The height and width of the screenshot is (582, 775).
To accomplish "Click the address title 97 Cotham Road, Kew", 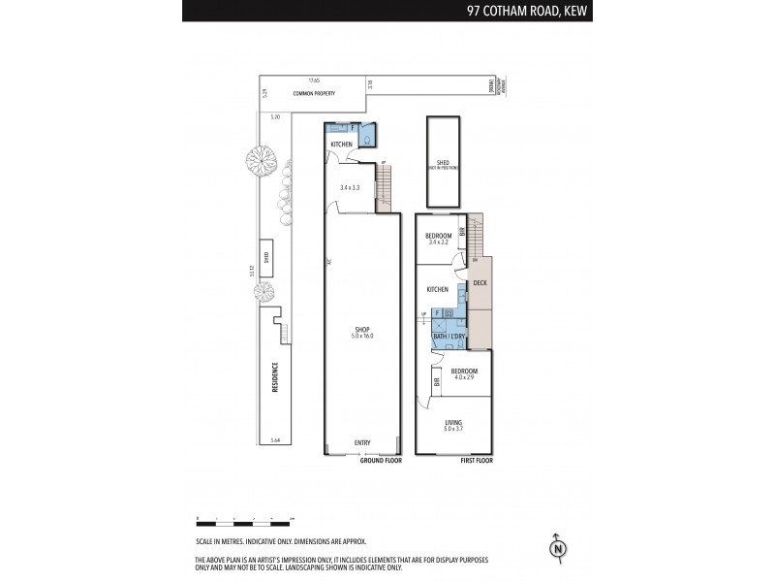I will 528,11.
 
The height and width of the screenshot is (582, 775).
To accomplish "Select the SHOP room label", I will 361,332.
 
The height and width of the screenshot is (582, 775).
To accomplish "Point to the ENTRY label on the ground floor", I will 361,443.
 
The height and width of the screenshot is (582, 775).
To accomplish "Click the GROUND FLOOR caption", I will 380,460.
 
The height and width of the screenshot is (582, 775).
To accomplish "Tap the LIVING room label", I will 453,421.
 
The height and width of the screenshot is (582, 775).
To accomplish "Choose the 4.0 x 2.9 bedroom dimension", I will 463,377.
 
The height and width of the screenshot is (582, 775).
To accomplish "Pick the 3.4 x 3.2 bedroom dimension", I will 439,242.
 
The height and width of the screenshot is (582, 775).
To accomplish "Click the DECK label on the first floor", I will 480,283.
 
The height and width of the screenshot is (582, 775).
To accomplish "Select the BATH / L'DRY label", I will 449,337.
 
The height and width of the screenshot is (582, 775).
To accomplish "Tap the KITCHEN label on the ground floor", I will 341,145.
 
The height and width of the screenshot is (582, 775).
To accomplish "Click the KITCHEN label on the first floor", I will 438,289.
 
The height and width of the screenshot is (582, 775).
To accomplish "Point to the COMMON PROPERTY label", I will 314,93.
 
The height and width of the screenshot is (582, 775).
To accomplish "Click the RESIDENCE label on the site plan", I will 274,376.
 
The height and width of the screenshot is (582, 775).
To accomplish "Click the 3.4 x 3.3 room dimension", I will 350,187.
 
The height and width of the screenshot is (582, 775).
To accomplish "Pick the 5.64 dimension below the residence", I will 274,439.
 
